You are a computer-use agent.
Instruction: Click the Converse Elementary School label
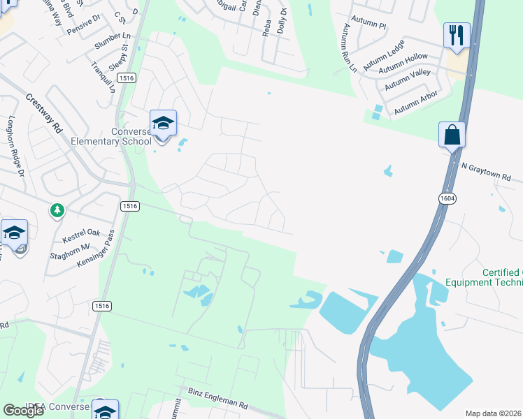(x=111, y=136)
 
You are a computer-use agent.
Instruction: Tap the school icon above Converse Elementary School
(x=163, y=124)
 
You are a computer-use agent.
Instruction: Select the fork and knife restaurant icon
(x=456, y=34)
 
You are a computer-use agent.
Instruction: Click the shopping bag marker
(x=452, y=134)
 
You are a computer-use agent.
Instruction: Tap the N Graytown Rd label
(x=489, y=171)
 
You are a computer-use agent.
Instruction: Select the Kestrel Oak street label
(x=83, y=235)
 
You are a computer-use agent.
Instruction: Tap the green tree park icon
(x=57, y=209)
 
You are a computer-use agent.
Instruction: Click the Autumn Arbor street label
(x=416, y=103)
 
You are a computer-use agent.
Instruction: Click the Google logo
(x=24, y=410)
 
